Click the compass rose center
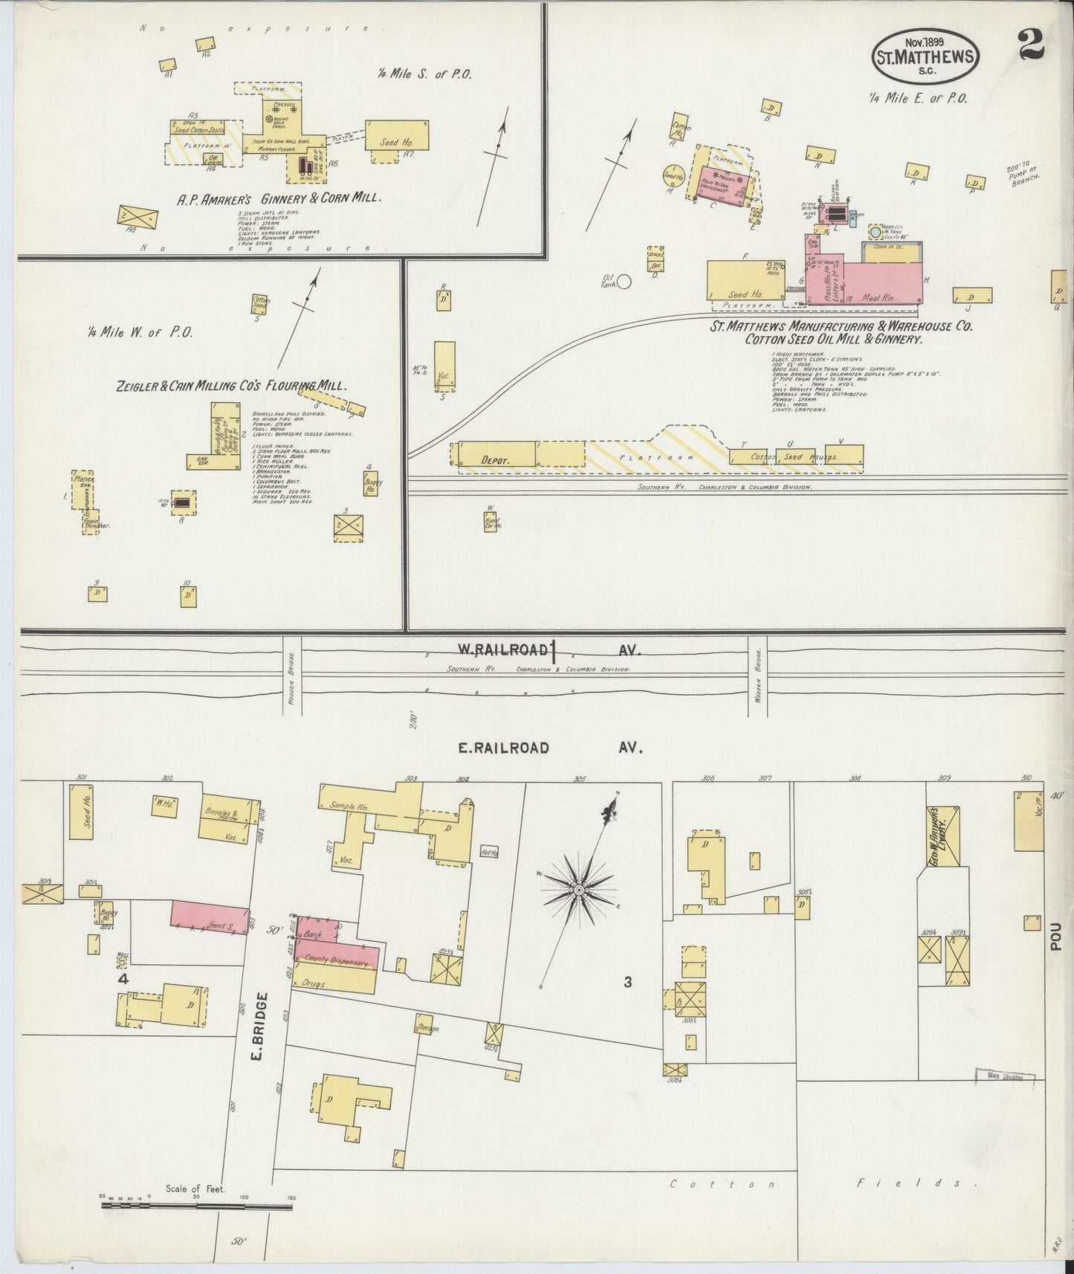pyautogui.click(x=578, y=889)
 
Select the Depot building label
pyautogui.click(x=495, y=460)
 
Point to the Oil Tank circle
pyautogui.click(x=624, y=281)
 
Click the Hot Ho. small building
pyautogui.click(x=489, y=853)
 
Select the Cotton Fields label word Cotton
pyautogui.click(x=722, y=1183)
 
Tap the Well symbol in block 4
pyautogui.click(x=122, y=963)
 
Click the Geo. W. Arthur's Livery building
pyautogui.click(x=943, y=835)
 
